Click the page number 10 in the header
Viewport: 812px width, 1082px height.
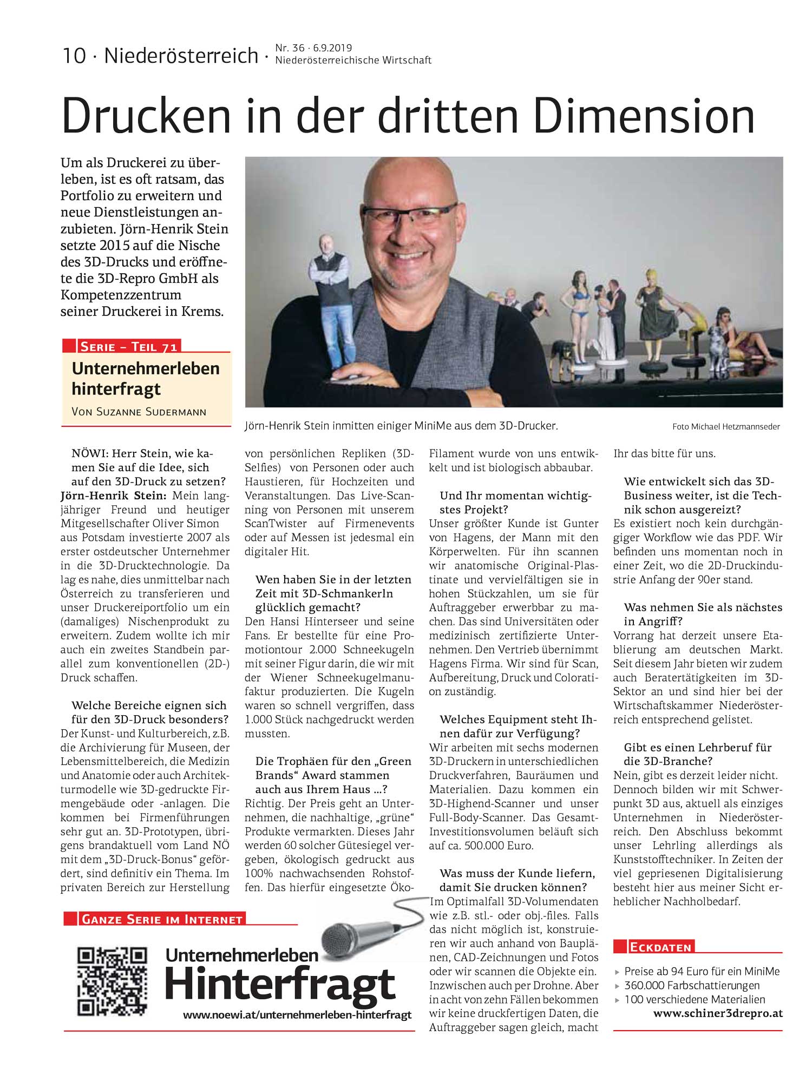pyautogui.click(x=74, y=56)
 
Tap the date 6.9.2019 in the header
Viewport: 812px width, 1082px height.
pyautogui.click(x=332, y=48)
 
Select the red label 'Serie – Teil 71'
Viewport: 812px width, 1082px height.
pyautogui.click(x=128, y=346)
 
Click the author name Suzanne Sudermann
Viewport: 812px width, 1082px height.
pyautogui.click(x=139, y=412)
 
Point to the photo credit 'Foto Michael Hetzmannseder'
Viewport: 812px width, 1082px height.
pyautogui.click(x=725, y=427)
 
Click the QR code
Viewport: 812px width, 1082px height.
pyautogui.click(x=112, y=981)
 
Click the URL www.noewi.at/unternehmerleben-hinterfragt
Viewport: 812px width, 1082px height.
pyautogui.click(x=297, y=1015)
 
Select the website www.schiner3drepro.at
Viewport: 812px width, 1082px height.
pyautogui.click(x=718, y=1013)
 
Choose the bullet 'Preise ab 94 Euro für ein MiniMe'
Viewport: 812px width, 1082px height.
pyautogui.click(x=702, y=971)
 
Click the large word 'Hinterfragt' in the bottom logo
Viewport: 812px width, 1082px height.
pyautogui.click(x=280, y=985)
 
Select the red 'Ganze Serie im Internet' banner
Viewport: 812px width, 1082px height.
pyautogui.click(x=161, y=919)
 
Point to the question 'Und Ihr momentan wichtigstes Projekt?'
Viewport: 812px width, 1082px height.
pyautogui.click(x=515, y=503)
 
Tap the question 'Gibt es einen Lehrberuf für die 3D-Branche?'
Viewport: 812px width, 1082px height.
pyautogui.click(x=697, y=754)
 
